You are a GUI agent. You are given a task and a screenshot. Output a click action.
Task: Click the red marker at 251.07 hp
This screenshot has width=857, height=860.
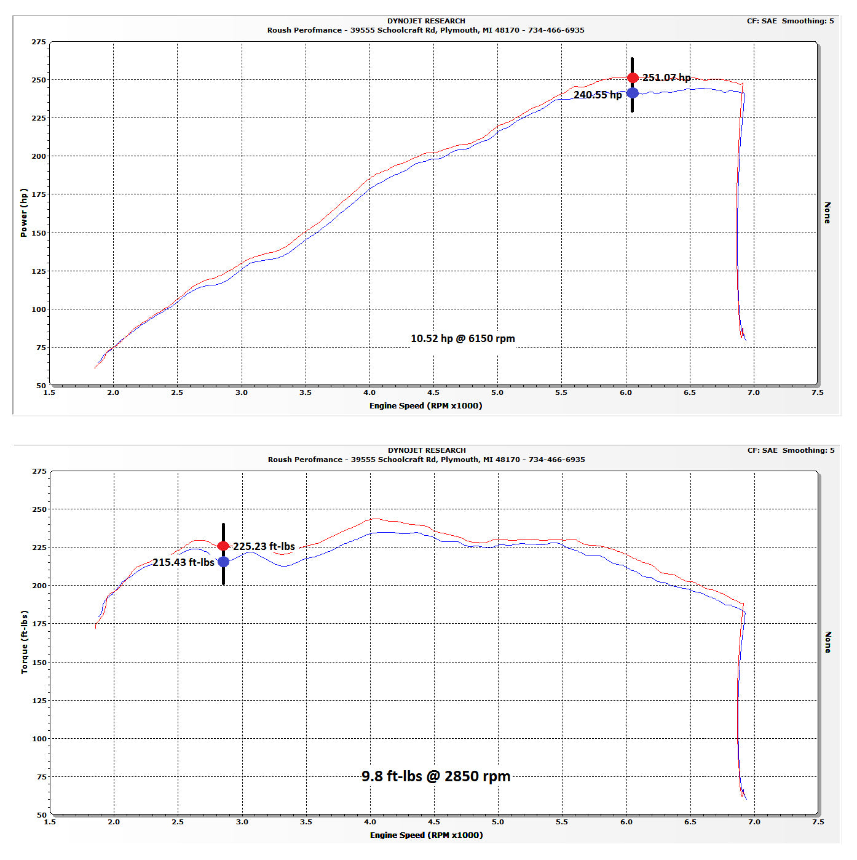tap(633, 78)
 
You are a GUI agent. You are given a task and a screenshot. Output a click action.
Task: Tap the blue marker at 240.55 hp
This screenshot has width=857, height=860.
tap(633, 93)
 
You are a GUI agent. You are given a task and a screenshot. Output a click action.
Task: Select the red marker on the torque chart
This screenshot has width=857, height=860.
tap(223, 546)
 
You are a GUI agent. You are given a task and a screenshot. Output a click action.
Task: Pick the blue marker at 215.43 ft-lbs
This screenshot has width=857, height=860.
tap(223, 562)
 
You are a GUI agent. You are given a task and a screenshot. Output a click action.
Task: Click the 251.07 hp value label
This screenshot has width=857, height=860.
tap(666, 78)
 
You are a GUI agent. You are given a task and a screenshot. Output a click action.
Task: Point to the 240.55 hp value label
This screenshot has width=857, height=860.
tap(598, 95)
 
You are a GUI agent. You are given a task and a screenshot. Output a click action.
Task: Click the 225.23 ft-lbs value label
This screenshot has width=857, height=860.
tap(264, 546)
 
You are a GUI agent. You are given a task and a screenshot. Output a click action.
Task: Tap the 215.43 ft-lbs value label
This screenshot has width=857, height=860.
tap(183, 562)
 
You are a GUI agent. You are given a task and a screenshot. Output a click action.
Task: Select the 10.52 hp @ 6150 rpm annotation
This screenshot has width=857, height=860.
tap(462, 338)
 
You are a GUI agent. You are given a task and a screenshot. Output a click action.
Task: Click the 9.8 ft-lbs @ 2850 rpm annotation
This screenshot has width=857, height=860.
tap(436, 776)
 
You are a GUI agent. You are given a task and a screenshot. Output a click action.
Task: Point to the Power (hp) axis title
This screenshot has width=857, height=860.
tap(24, 213)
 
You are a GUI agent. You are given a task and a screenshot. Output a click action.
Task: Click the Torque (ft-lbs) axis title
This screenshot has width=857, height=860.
tap(25, 642)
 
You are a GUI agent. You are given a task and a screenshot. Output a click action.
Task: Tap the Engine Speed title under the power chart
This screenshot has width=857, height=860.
tap(425, 405)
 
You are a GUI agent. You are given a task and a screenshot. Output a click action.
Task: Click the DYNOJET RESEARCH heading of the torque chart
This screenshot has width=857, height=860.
tap(427, 450)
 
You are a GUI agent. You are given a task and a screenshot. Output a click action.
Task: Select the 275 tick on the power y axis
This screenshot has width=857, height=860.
tap(39, 42)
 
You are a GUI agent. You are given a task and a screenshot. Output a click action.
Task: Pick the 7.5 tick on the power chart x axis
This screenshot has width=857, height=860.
tap(817, 392)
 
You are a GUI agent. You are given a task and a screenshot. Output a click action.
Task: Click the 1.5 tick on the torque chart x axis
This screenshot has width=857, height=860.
tap(50, 822)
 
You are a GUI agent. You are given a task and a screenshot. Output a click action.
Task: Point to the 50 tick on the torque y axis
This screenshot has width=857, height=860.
tap(41, 814)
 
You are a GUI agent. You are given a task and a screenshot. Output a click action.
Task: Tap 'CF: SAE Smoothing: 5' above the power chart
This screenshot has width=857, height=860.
tap(790, 21)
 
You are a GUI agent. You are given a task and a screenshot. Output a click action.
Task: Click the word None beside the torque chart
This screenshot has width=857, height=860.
tap(827, 642)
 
